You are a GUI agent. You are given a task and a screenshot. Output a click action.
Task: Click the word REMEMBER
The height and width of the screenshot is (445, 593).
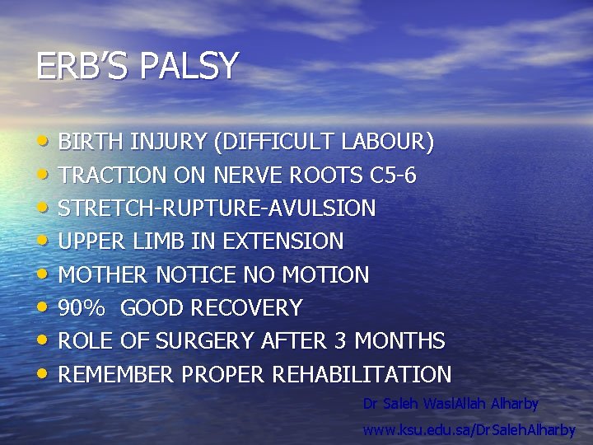click(x=117, y=375)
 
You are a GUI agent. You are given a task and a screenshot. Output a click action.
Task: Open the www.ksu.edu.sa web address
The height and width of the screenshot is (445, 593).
click(x=469, y=430)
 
